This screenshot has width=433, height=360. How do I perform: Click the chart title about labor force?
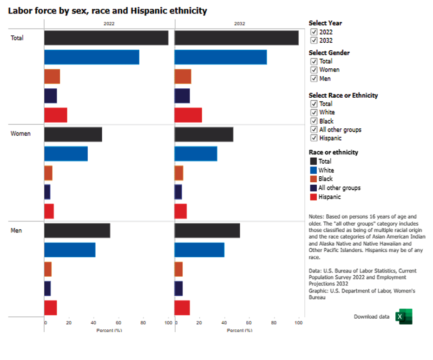pos(107,10)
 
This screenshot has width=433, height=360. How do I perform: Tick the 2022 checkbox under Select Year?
pos(314,32)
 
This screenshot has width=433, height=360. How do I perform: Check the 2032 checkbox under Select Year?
pos(314,40)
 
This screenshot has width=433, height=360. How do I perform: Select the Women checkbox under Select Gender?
pos(314,70)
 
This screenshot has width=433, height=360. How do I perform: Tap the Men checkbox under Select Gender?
pos(314,79)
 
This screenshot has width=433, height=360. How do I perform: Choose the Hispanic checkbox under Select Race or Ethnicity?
pos(314,138)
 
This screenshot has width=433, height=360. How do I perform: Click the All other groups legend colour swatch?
pos(313,188)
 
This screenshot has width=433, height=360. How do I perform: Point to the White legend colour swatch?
pos(313,170)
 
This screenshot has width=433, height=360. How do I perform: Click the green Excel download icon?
pos(403,317)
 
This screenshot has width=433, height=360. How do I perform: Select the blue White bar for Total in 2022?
pos(92,57)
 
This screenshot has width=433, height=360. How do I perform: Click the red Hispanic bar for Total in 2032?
pos(188,115)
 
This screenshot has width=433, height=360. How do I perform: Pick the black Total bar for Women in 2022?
pos(73,134)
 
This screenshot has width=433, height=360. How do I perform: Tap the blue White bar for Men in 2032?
pos(199,250)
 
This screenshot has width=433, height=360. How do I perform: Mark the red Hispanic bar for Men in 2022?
pos(51,308)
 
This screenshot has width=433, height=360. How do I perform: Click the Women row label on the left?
pos(20,134)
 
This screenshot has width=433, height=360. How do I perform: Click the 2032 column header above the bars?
pos(239,24)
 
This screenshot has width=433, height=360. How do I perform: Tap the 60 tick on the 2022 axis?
pos(118,323)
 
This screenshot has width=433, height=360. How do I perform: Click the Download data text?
pos(372,317)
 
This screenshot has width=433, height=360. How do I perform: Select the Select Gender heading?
pos(329,53)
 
